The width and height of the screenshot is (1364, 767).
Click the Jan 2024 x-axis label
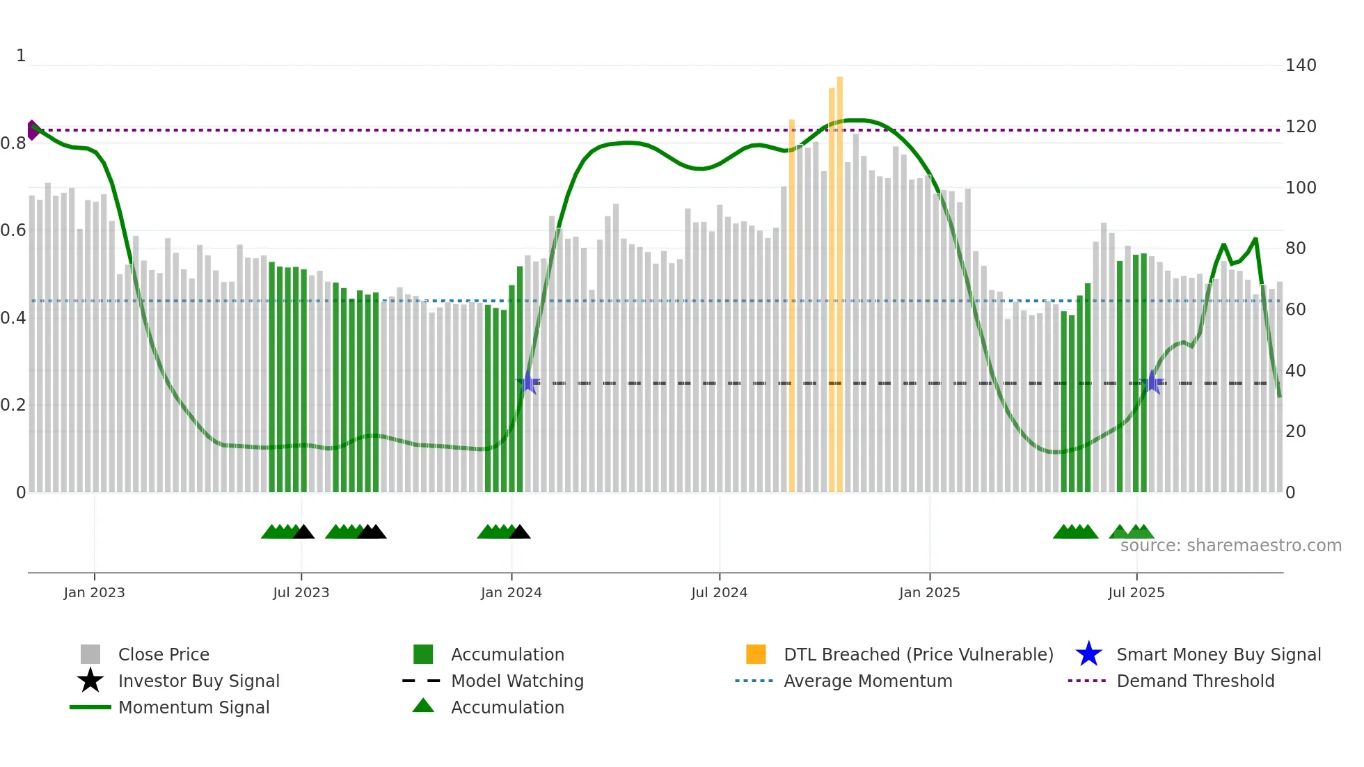(511, 592)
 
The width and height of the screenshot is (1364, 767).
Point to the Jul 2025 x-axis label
(1136, 592)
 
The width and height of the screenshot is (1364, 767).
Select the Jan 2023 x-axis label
(94, 592)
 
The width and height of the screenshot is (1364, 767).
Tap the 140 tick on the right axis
(1300, 65)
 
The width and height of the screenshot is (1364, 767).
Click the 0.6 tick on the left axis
(13, 230)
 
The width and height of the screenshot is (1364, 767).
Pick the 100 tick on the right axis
(1300, 188)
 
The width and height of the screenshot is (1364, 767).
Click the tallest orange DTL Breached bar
(839, 278)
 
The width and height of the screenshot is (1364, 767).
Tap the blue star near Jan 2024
(528, 383)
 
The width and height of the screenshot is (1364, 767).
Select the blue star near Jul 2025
(1152, 382)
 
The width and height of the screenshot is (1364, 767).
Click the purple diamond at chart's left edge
(32, 130)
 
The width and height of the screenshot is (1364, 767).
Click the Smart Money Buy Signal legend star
(1088, 654)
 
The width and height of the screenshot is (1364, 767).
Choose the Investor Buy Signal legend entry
(198, 681)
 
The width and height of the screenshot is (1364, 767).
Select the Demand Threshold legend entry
(1195, 681)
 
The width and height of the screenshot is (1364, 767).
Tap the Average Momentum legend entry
(867, 681)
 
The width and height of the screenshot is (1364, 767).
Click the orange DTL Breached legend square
(756, 654)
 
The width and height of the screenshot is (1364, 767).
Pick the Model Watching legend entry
(516, 681)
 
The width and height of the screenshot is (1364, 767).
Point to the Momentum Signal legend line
(90, 707)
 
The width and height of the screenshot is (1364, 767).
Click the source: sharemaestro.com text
(1230, 546)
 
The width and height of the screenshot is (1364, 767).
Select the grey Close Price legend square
(90, 654)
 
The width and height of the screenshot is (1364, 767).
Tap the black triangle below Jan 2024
(520, 532)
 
